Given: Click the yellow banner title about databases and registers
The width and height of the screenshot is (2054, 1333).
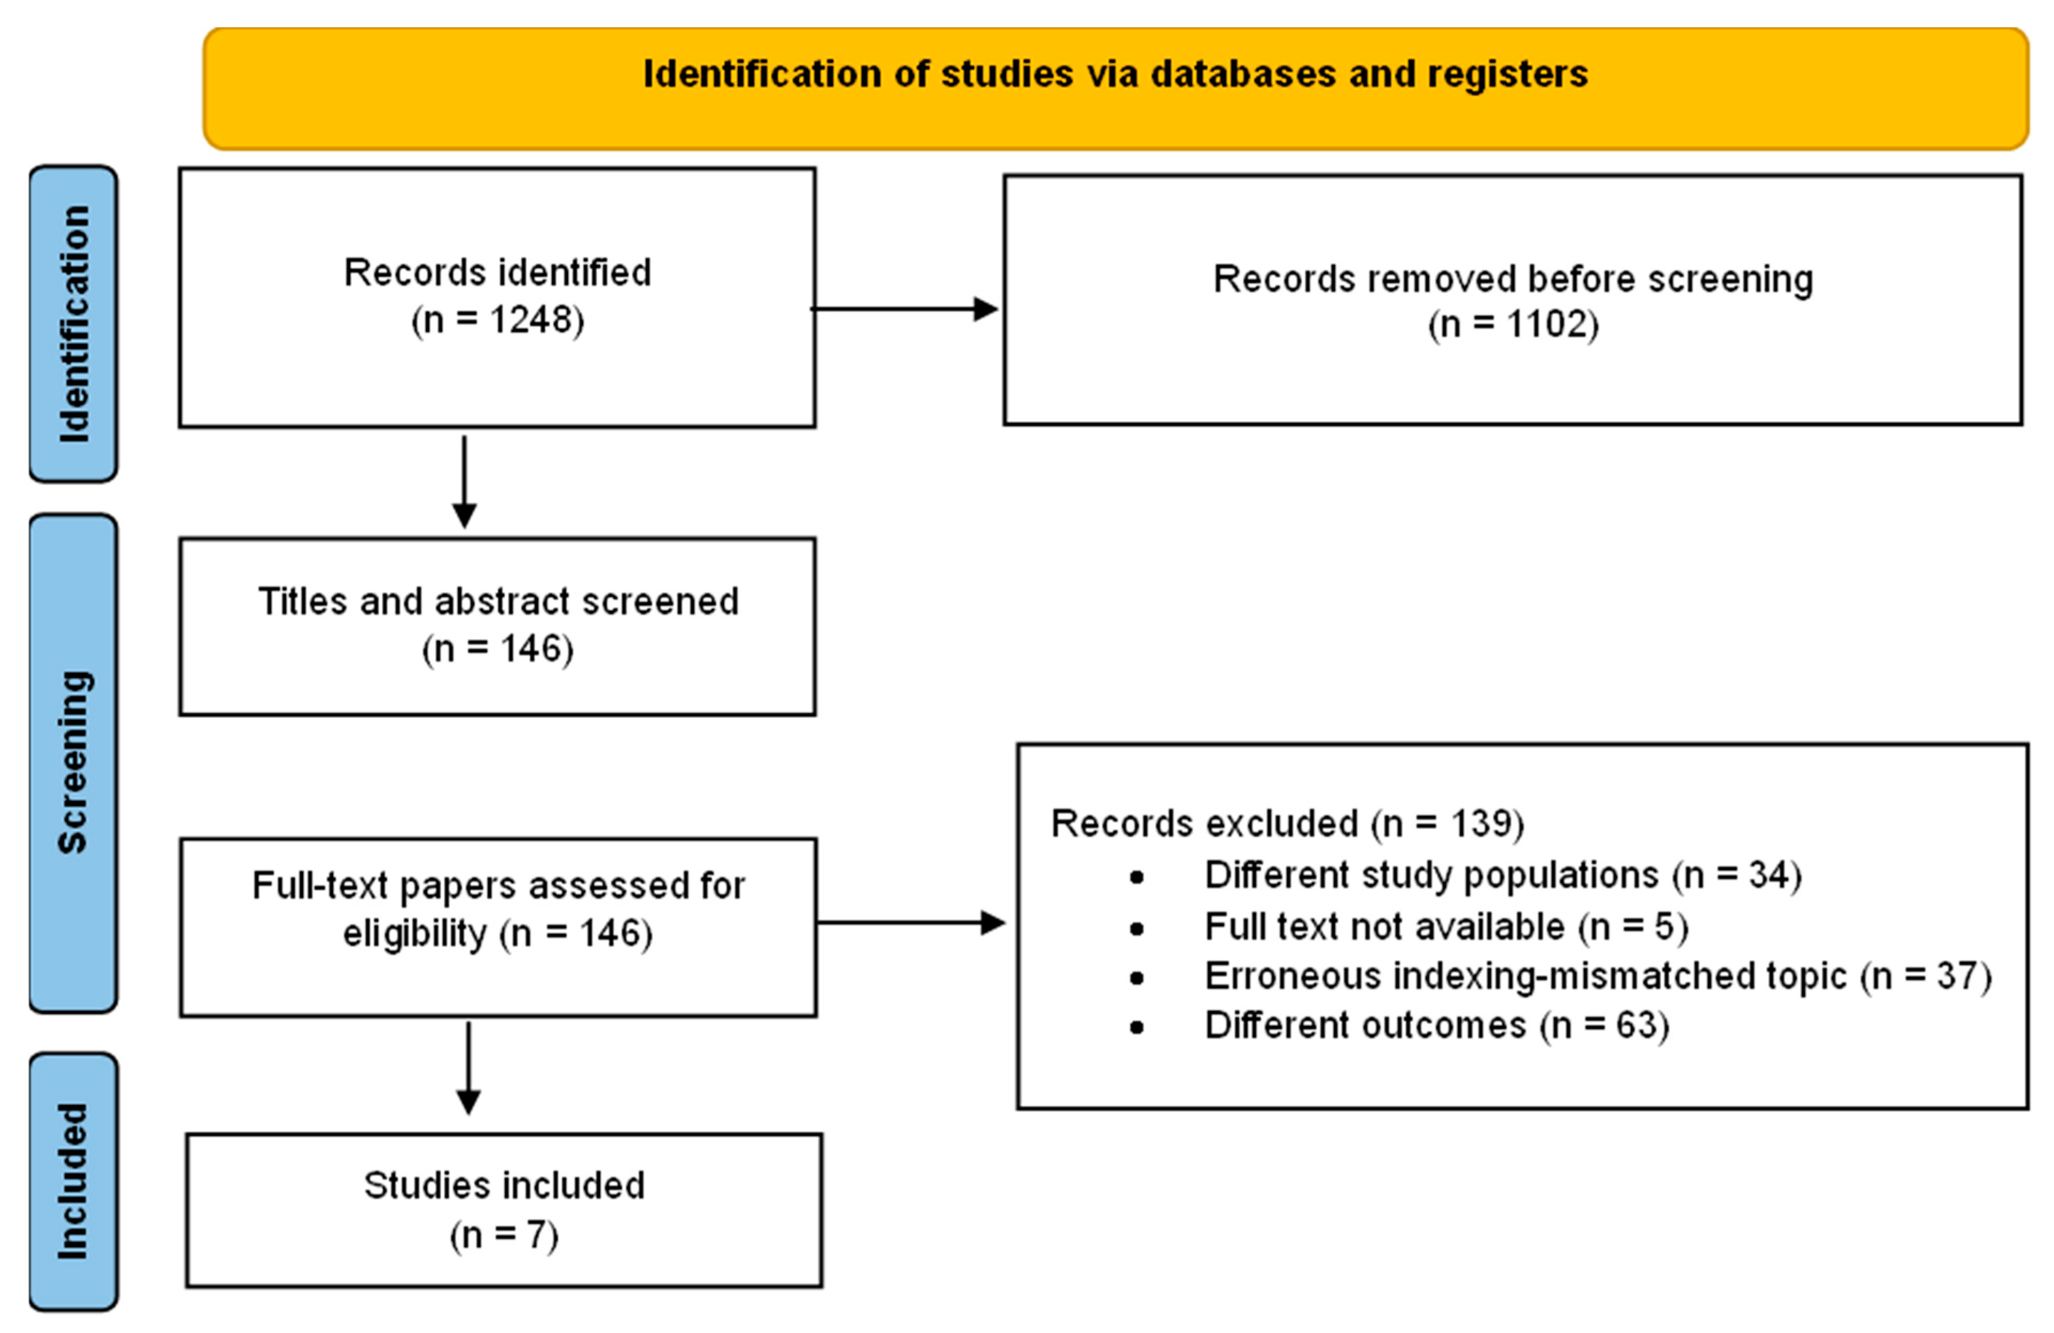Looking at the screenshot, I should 1115,74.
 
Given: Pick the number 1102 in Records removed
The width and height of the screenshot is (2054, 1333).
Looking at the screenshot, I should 1548,325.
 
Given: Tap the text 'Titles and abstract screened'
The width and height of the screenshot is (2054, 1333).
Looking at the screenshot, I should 498,602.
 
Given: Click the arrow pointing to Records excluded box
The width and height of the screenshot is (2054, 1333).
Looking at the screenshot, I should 910,923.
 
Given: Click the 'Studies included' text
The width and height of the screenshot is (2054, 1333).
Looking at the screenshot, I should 504,1185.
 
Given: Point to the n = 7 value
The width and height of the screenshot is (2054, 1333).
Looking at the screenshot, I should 504,1235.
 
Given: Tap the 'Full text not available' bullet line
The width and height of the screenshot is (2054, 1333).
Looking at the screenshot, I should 1446,926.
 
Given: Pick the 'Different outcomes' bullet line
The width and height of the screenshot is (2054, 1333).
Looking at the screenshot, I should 1436,1026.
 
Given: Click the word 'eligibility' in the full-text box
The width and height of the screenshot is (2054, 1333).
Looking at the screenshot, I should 415,934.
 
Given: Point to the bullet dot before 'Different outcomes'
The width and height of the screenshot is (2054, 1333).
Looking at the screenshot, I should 1136,1027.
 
